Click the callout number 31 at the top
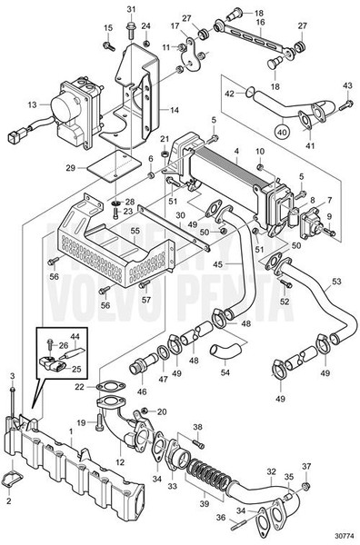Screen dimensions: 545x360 pyautogui.click(x=131, y=9)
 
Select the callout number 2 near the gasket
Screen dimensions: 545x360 pyautogui.click(x=10, y=500)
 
